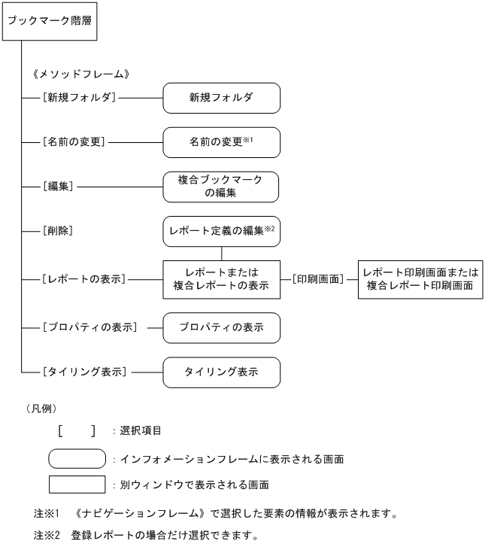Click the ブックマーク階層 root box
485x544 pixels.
click(x=50, y=21)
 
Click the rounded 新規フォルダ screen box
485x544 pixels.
click(x=222, y=98)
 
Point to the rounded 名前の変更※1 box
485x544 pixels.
click(x=222, y=141)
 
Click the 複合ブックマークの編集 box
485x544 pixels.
click(x=221, y=185)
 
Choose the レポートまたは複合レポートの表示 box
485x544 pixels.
click(x=221, y=279)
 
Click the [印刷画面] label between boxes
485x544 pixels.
click(x=319, y=279)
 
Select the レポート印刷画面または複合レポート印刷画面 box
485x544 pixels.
click(x=420, y=279)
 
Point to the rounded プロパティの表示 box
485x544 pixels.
click(x=221, y=328)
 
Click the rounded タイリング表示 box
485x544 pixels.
click(x=221, y=372)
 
